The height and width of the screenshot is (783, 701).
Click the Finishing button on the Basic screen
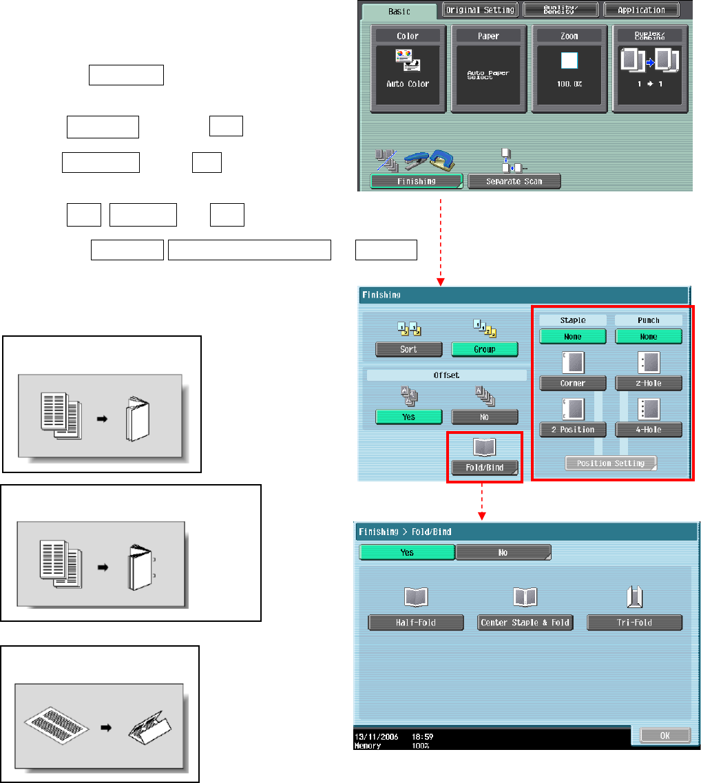[416, 181]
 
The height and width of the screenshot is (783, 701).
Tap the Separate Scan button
[514, 181]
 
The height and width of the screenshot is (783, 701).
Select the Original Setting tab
[479, 10]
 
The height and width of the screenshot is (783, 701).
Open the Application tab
[640, 10]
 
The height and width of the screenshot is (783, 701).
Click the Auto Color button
[411, 69]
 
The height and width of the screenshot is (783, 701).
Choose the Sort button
[408, 349]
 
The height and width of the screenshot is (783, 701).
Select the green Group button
[484, 349]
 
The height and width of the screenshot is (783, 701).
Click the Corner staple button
[572, 383]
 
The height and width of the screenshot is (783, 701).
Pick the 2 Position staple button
[572, 429]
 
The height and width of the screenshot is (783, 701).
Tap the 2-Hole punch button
[649, 383]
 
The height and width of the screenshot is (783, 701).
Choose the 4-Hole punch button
[649, 429]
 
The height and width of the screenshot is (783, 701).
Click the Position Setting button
[611, 463]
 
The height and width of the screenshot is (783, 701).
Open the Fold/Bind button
[485, 468]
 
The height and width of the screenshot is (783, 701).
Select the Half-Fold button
[416, 623]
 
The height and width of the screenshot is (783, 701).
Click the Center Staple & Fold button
[525, 623]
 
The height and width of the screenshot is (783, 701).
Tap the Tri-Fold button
[634, 623]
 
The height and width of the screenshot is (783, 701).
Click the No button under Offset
[484, 417]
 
